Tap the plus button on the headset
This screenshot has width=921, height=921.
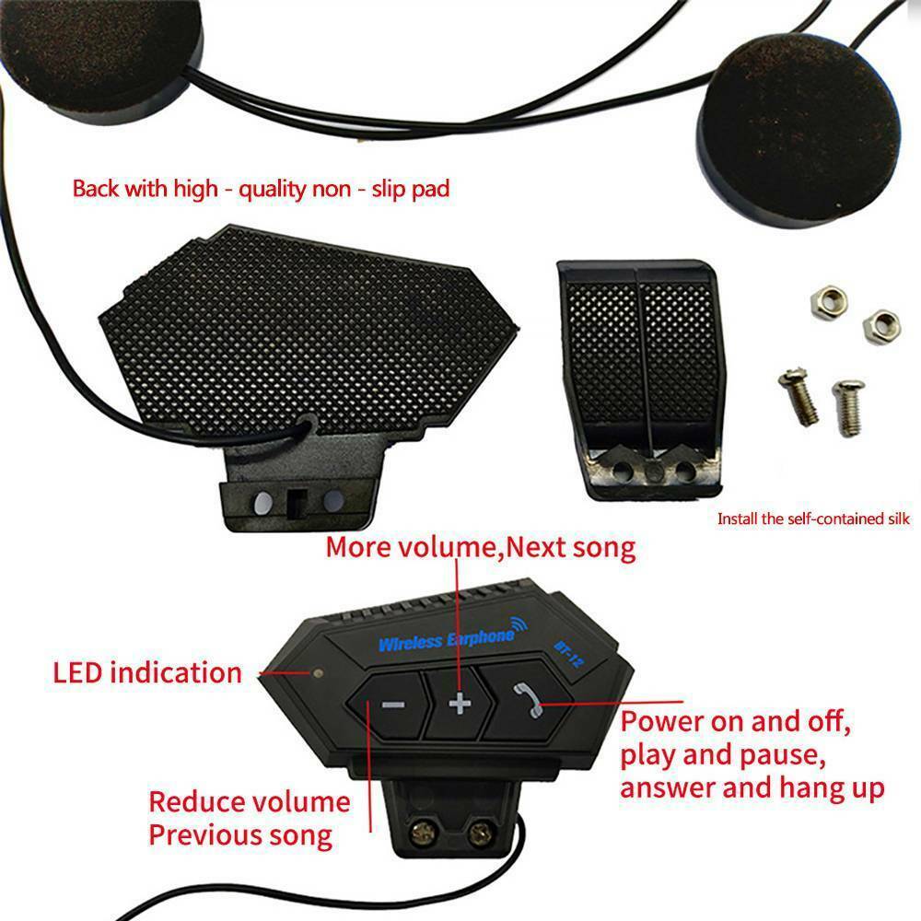459,705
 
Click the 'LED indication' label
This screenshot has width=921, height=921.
147,672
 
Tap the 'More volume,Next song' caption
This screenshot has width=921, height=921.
481,548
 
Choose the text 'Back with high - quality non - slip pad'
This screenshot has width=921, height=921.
262,190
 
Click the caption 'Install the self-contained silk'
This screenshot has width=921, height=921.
813,519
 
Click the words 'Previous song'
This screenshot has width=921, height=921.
240,835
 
